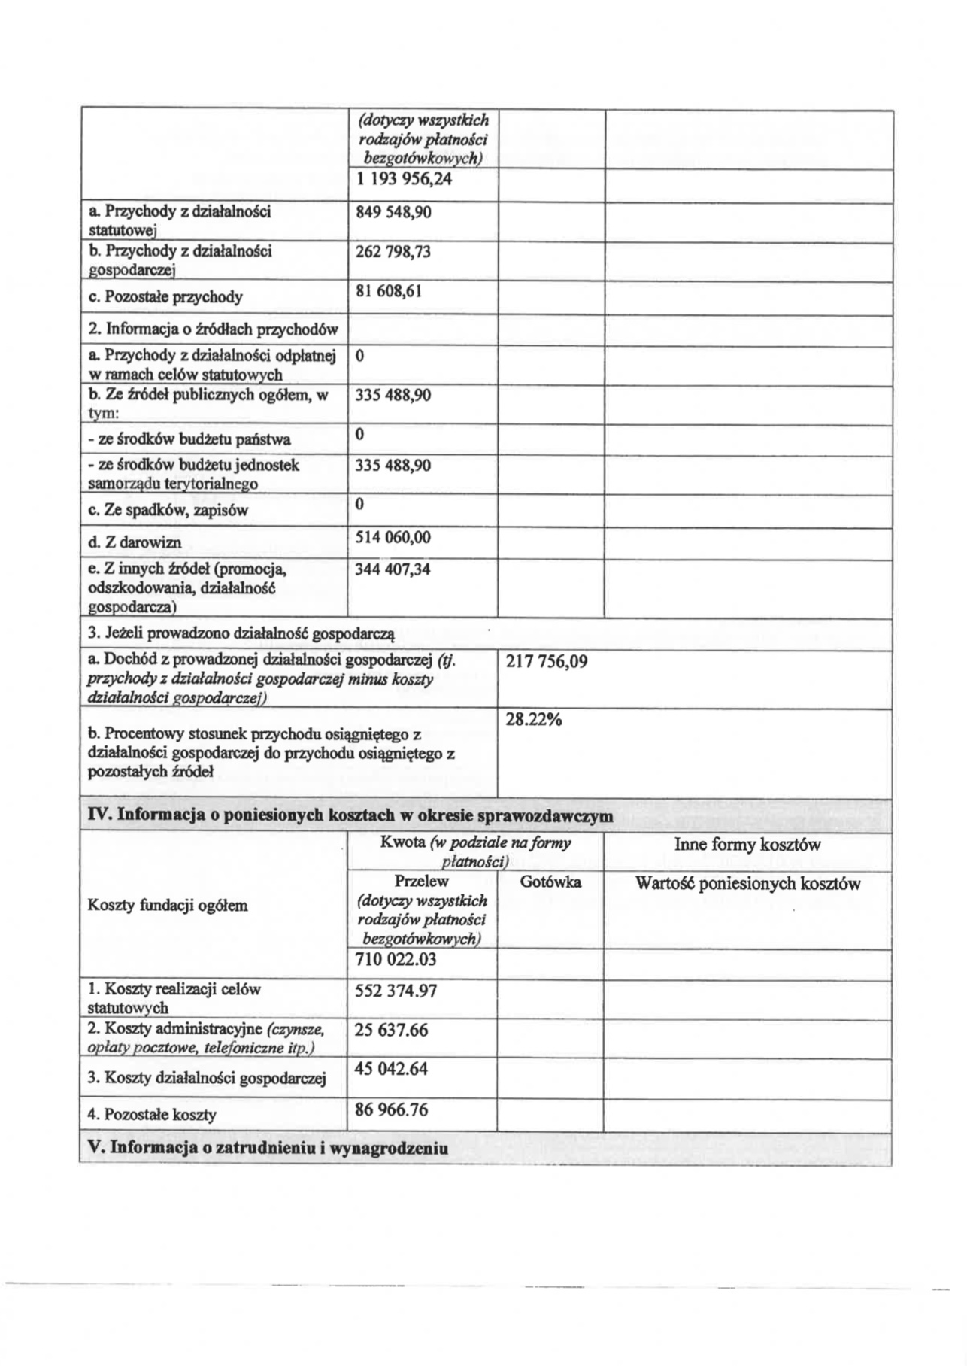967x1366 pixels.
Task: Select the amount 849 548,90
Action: [393, 212]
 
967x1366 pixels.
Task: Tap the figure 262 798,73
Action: [393, 251]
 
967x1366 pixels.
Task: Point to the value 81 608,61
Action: [388, 291]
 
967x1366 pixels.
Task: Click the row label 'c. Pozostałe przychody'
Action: [165, 297]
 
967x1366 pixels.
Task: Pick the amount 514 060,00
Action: [393, 538]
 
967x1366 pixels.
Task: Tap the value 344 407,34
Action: [393, 569]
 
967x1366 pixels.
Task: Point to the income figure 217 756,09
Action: [547, 662]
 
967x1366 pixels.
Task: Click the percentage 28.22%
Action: [534, 720]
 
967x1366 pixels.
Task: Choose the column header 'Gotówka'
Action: [550, 882]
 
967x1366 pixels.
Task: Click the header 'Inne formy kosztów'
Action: [747, 845]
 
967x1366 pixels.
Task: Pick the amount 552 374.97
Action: [396, 991]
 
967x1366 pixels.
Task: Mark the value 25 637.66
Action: [391, 1031]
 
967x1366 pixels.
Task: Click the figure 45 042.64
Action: [391, 1069]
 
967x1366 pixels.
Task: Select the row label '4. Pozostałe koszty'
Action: [152, 1115]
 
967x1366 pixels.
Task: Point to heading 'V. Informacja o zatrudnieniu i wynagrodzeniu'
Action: [268, 1149]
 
